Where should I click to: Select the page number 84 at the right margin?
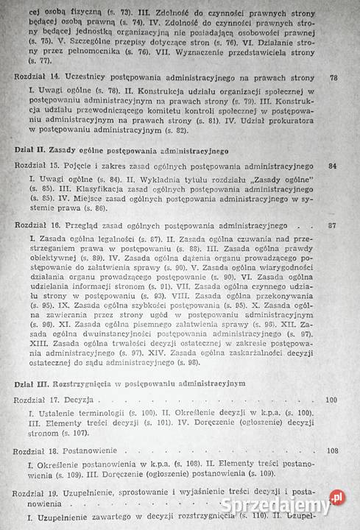[333, 166]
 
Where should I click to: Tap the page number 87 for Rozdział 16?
[333, 225]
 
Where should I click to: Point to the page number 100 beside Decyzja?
[331, 400]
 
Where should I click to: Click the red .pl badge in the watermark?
[337, 498]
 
